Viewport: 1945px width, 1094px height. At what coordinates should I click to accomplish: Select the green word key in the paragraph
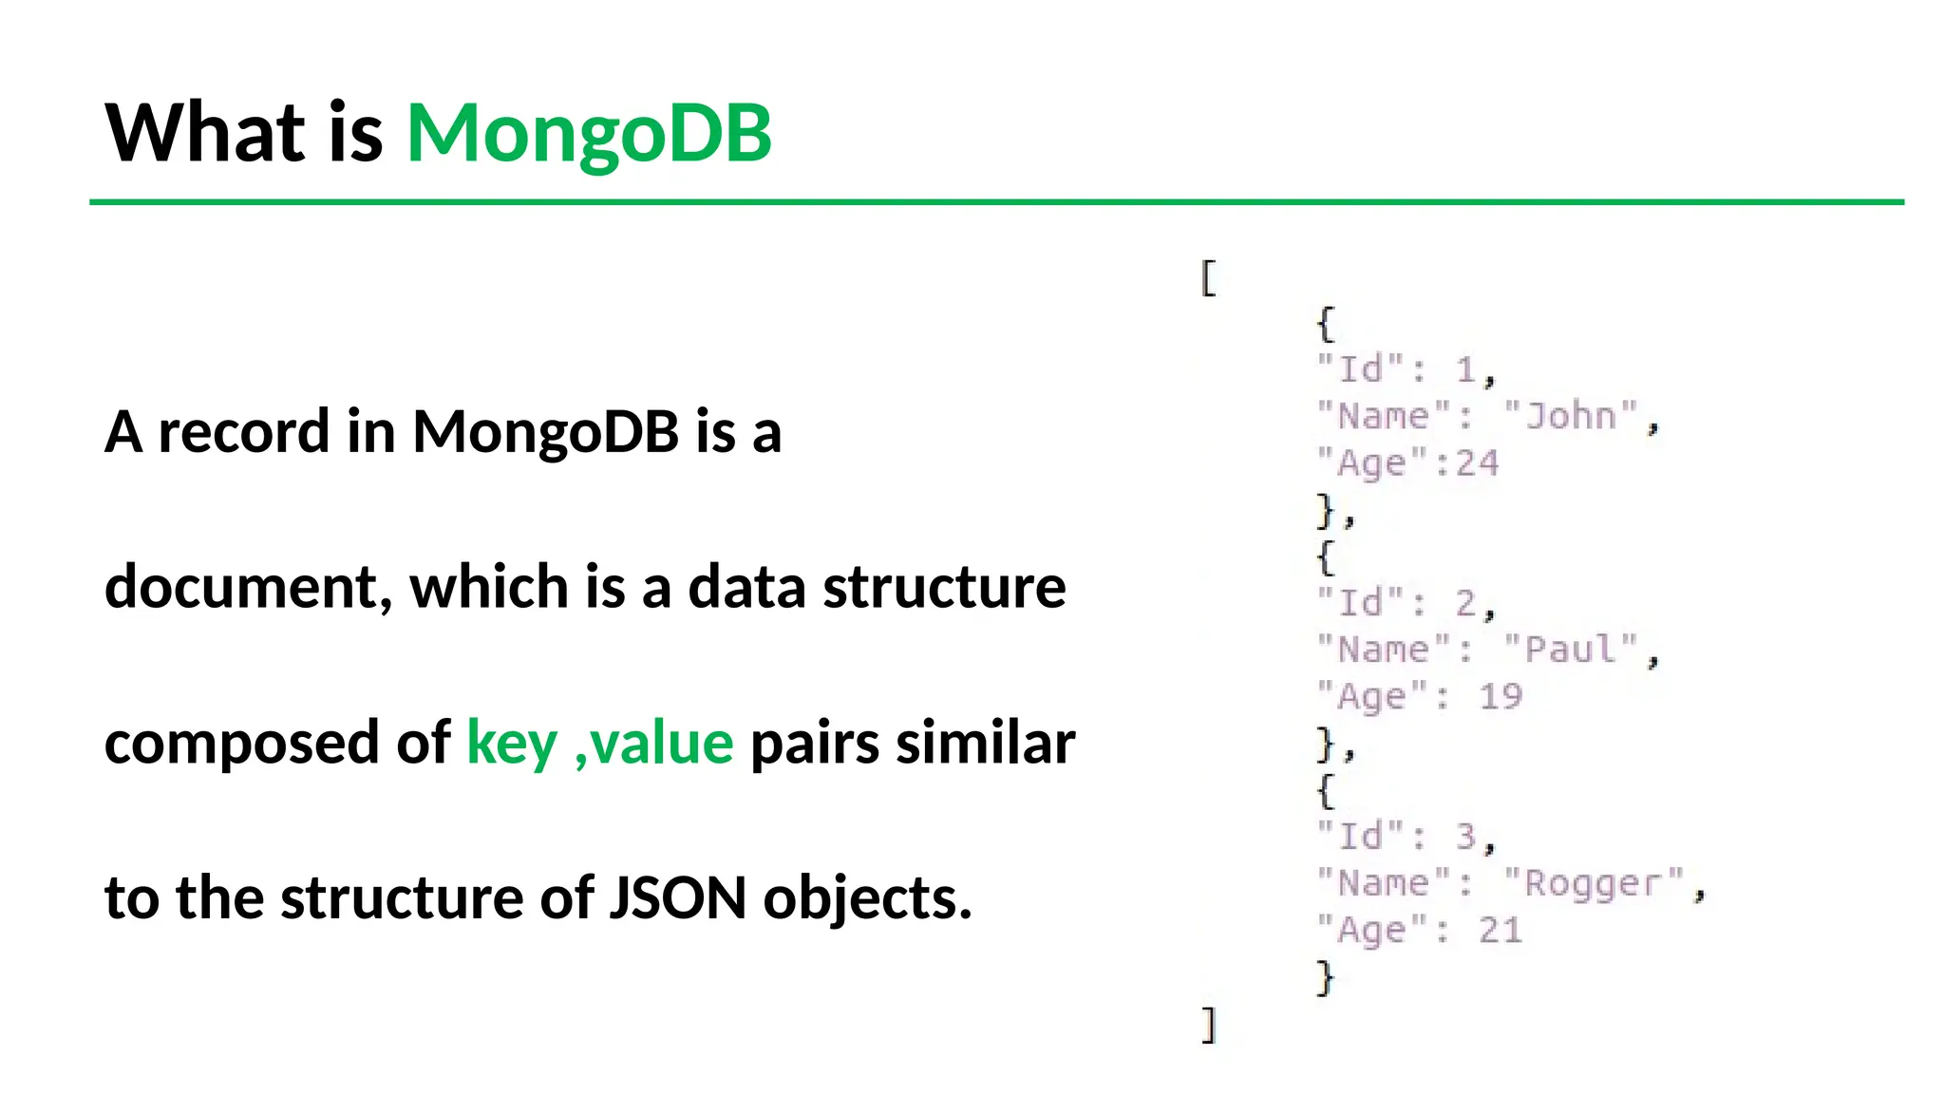(512, 743)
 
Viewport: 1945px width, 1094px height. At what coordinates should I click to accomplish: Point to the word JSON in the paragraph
(677, 897)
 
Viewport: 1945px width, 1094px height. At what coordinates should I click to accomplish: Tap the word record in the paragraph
(243, 432)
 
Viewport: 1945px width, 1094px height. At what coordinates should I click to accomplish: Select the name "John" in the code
(1571, 416)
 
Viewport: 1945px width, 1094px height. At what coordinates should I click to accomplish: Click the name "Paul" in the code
(1571, 650)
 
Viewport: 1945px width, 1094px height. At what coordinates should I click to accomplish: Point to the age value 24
(1478, 463)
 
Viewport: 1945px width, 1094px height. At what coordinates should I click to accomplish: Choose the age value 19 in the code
(1501, 697)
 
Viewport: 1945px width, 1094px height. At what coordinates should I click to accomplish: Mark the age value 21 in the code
(1501, 931)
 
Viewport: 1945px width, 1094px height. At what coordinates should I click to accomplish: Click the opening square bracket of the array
(1208, 278)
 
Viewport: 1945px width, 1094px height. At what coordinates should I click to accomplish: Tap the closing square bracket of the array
(1208, 1025)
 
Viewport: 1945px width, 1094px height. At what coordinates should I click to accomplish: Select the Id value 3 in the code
(1466, 837)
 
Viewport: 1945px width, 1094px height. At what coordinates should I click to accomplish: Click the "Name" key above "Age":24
(1384, 416)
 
